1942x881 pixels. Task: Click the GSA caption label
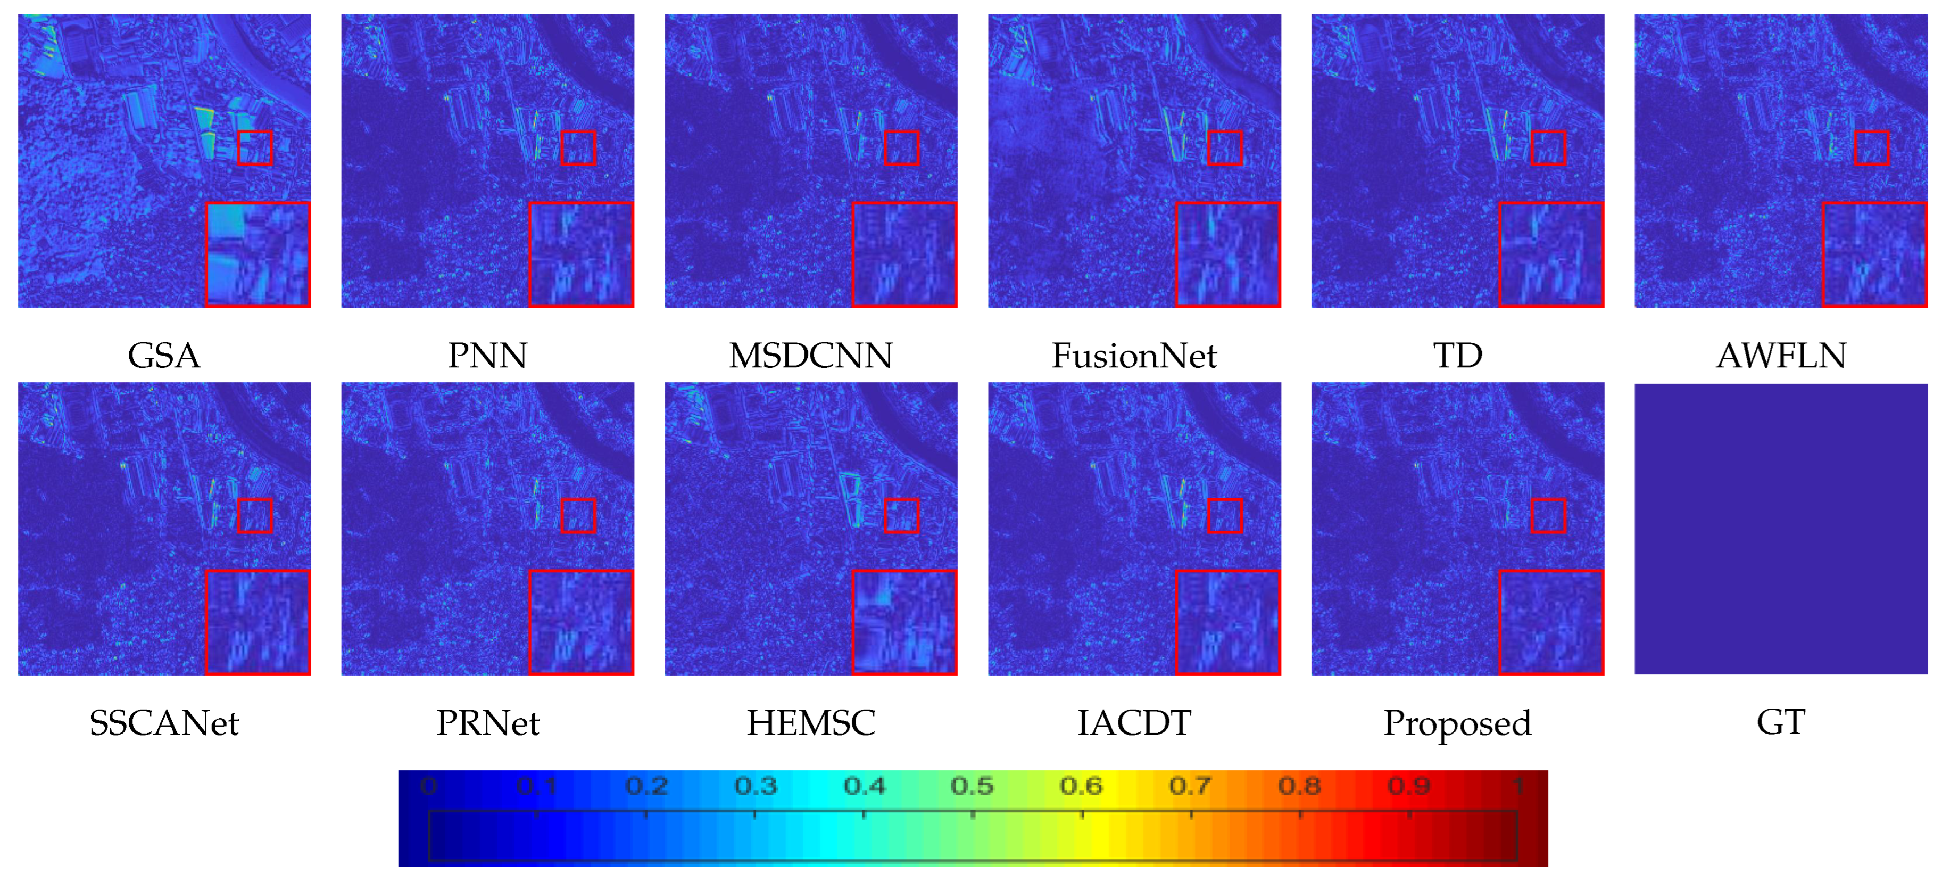pos(164,355)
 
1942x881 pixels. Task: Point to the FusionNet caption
pos(1134,355)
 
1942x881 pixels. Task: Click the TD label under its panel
pos(1457,355)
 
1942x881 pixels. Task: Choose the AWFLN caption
pos(1781,355)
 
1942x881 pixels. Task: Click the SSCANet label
pos(164,722)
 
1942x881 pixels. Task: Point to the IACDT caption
pos(1134,722)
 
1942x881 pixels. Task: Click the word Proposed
pos(1457,722)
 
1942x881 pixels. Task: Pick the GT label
pos(1781,722)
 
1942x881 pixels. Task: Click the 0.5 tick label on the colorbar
pos(972,786)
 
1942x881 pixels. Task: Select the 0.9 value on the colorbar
pos(1408,786)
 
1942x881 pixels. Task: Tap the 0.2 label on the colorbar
pos(646,786)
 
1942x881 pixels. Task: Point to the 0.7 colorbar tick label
pos(1190,786)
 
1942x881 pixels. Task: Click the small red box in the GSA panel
pos(255,148)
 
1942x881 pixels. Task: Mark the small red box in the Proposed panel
pos(1548,516)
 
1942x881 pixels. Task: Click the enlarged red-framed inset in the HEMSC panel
pos(904,622)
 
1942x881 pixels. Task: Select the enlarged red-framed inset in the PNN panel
pos(580,254)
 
